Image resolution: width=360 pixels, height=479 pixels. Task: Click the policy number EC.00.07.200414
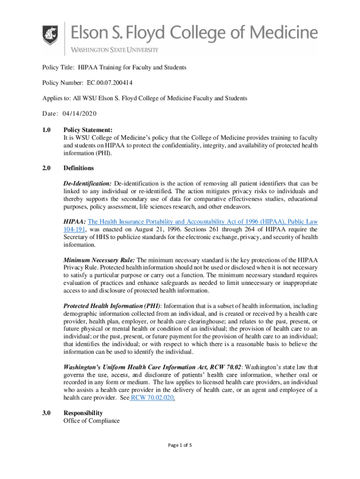coord(109,83)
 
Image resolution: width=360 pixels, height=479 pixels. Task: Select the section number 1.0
coord(46,131)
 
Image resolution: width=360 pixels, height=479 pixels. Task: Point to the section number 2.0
coord(46,168)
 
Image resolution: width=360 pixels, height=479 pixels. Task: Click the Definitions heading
coord(79,168)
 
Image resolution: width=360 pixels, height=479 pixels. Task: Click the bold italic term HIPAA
coord(75,221)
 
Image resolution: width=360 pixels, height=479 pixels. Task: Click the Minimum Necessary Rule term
coord(99,260)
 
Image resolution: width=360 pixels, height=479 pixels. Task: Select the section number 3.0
coord(46,413)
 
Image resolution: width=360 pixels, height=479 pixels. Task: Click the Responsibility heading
coord(83,413)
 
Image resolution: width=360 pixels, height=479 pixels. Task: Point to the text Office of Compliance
coord(92,421)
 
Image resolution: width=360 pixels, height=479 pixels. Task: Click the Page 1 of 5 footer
coord(180,445)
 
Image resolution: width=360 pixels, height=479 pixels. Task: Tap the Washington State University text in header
coord(115,50)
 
